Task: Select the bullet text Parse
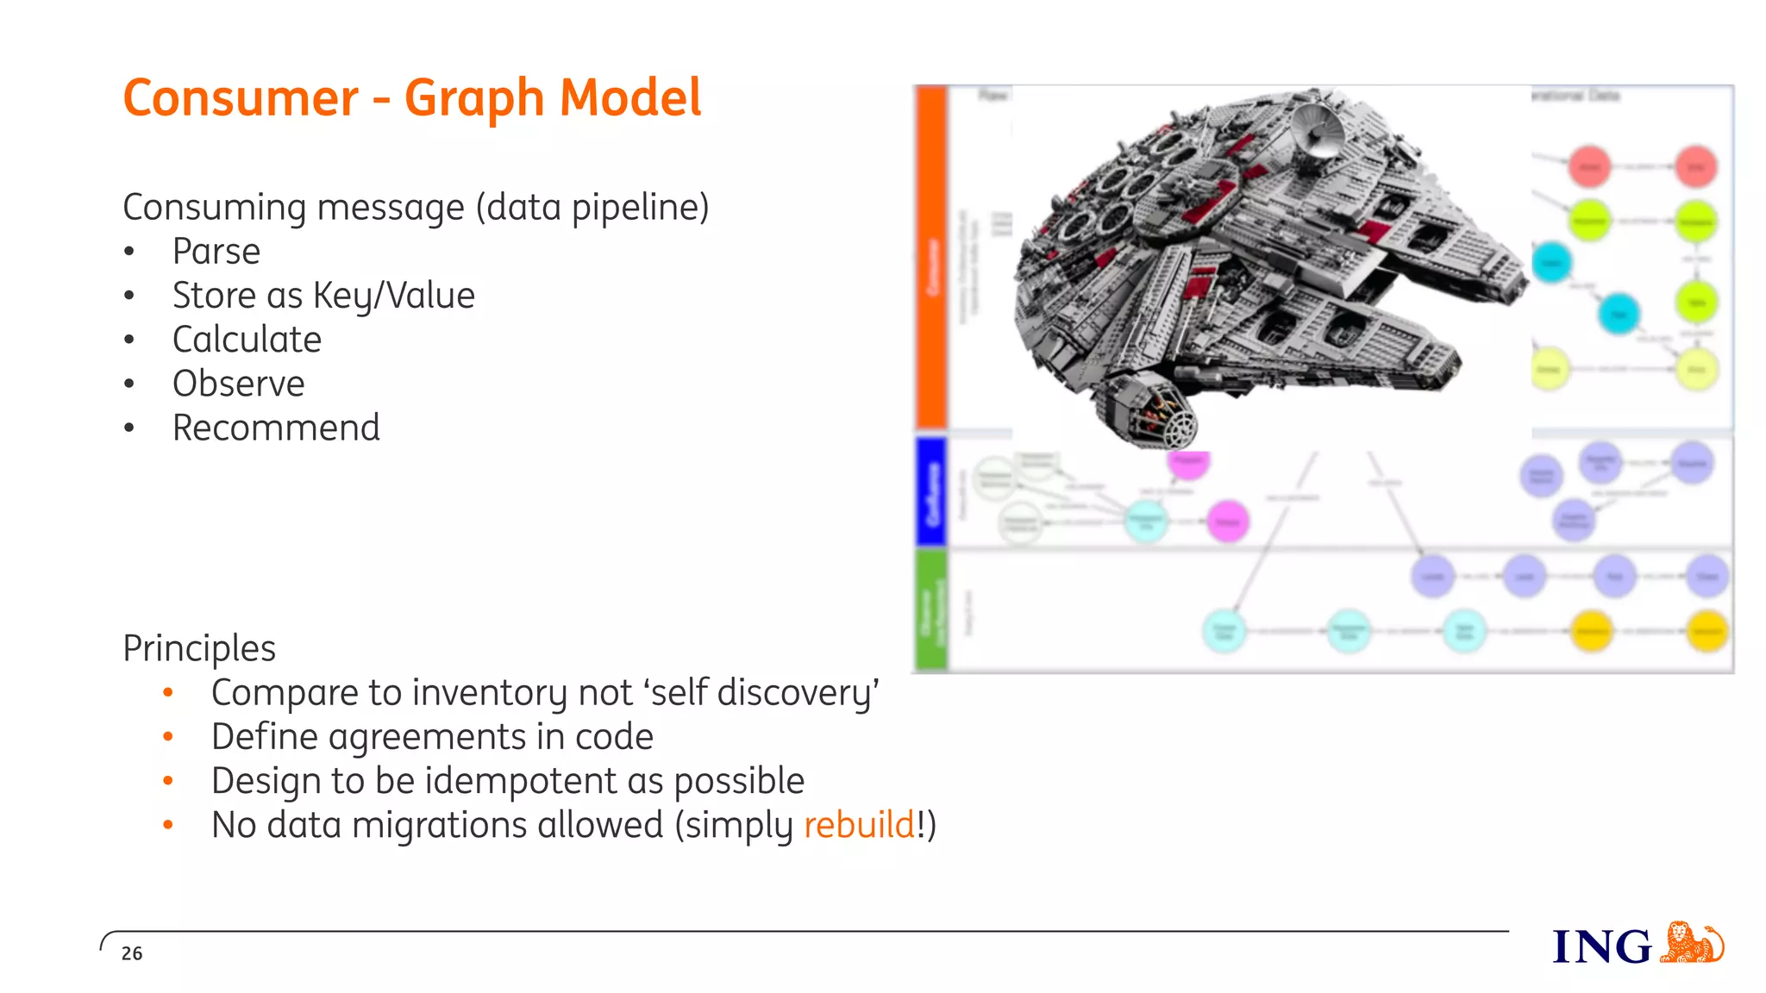coord(216,252)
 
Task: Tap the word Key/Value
coord(393,296)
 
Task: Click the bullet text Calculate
coord(247,340)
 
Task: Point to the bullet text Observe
coord(238,384)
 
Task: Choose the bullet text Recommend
coord(276,428)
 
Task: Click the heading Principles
coord(199,648)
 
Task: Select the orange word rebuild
coord(859,825)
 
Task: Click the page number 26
coord(132,953)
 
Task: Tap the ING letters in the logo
coord(1602,947)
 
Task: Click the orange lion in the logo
coord(1690,942)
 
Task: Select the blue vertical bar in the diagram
coord(931,491)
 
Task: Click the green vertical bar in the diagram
coord(931,610)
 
